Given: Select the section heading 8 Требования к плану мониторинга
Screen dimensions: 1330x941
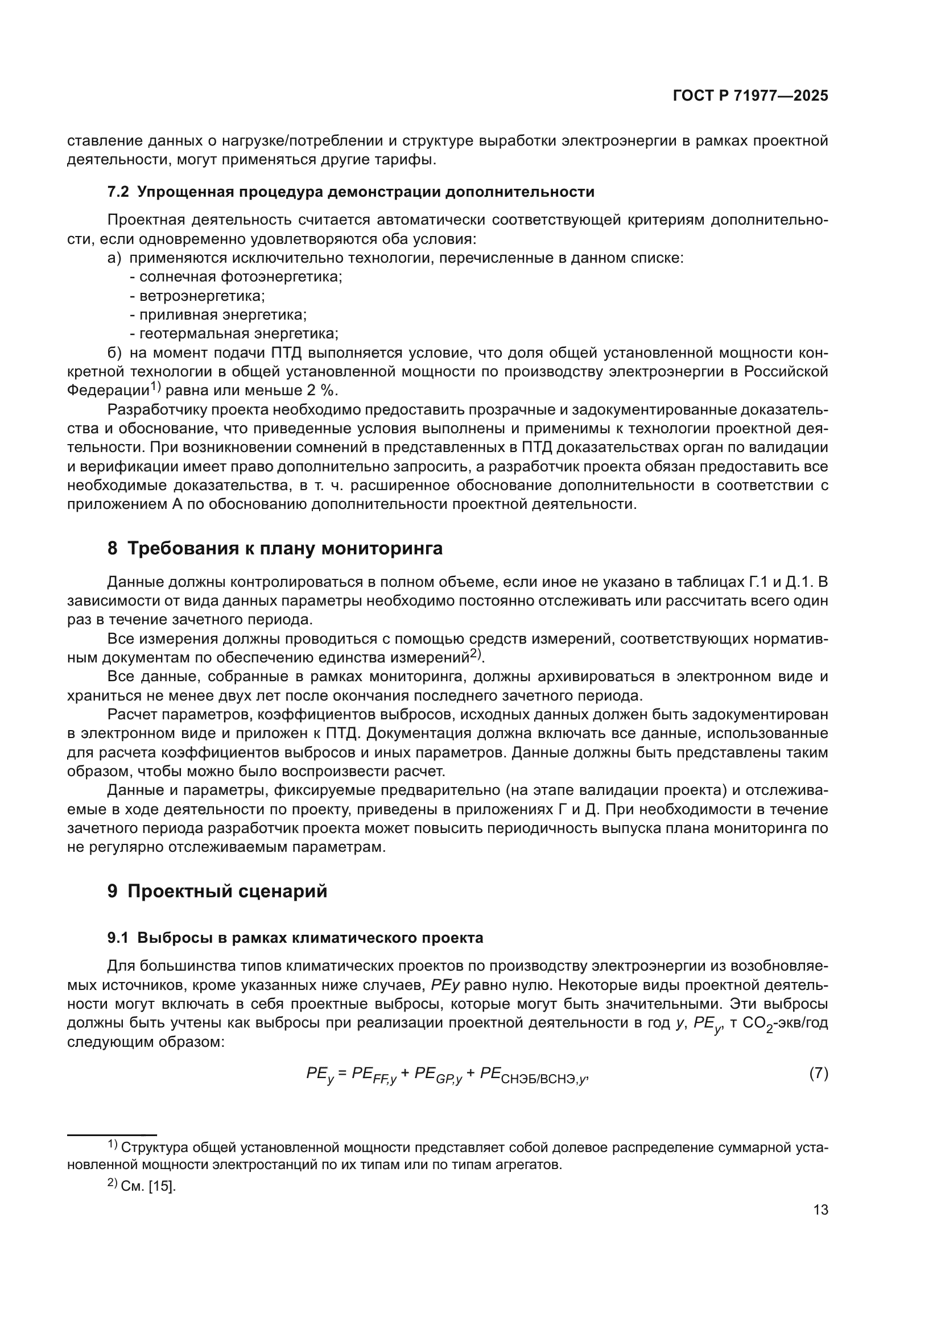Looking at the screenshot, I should click(275, 548).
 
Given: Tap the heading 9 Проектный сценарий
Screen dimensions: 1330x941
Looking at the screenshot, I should click(217, 891).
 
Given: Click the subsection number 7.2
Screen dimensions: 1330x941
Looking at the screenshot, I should click(118, 192).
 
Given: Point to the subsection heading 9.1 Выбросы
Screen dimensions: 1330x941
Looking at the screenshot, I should click(295, 938).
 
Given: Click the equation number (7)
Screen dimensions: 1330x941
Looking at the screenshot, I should click(818, 1074).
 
